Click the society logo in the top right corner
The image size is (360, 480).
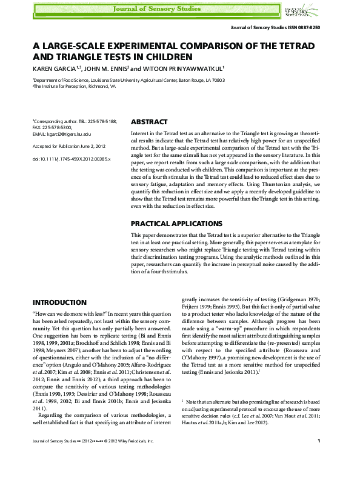point(307,10)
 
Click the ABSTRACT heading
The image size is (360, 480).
point(150,121)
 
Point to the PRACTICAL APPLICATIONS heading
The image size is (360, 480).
point(173,224)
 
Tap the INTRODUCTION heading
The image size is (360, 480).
point(59,302)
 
